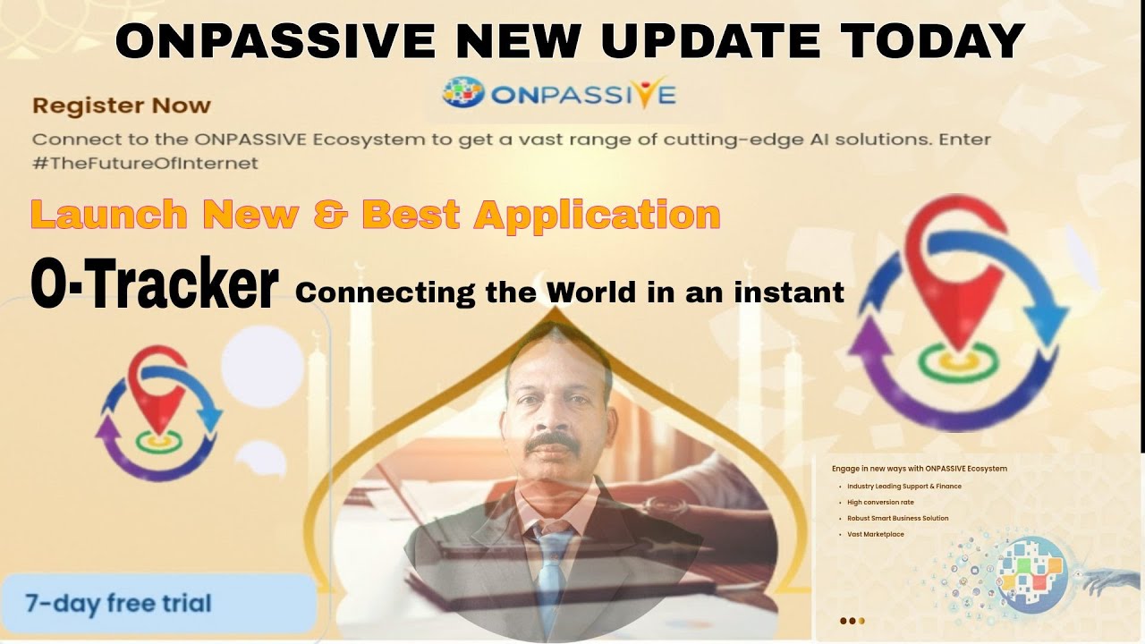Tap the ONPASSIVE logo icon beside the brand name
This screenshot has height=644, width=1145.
point(462,93)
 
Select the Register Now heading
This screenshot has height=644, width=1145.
point(122,106)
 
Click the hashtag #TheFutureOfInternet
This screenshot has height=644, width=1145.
point(145,163)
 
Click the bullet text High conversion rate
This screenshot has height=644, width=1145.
point(880,503)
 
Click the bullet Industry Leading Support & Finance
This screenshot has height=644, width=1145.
point(903,487)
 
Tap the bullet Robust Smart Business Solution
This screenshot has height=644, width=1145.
point(897,519)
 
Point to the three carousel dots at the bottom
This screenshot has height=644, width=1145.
point(852,620)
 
